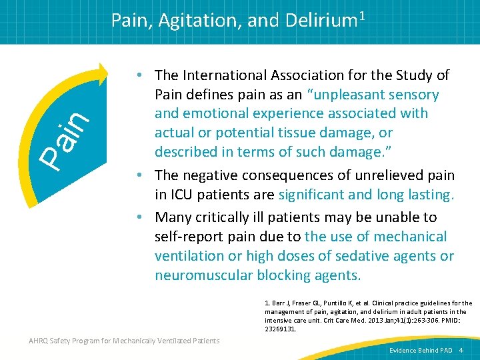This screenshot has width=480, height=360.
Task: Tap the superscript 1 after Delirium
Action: tap(362, 15)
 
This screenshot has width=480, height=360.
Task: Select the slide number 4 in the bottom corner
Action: tap(469, 350)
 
